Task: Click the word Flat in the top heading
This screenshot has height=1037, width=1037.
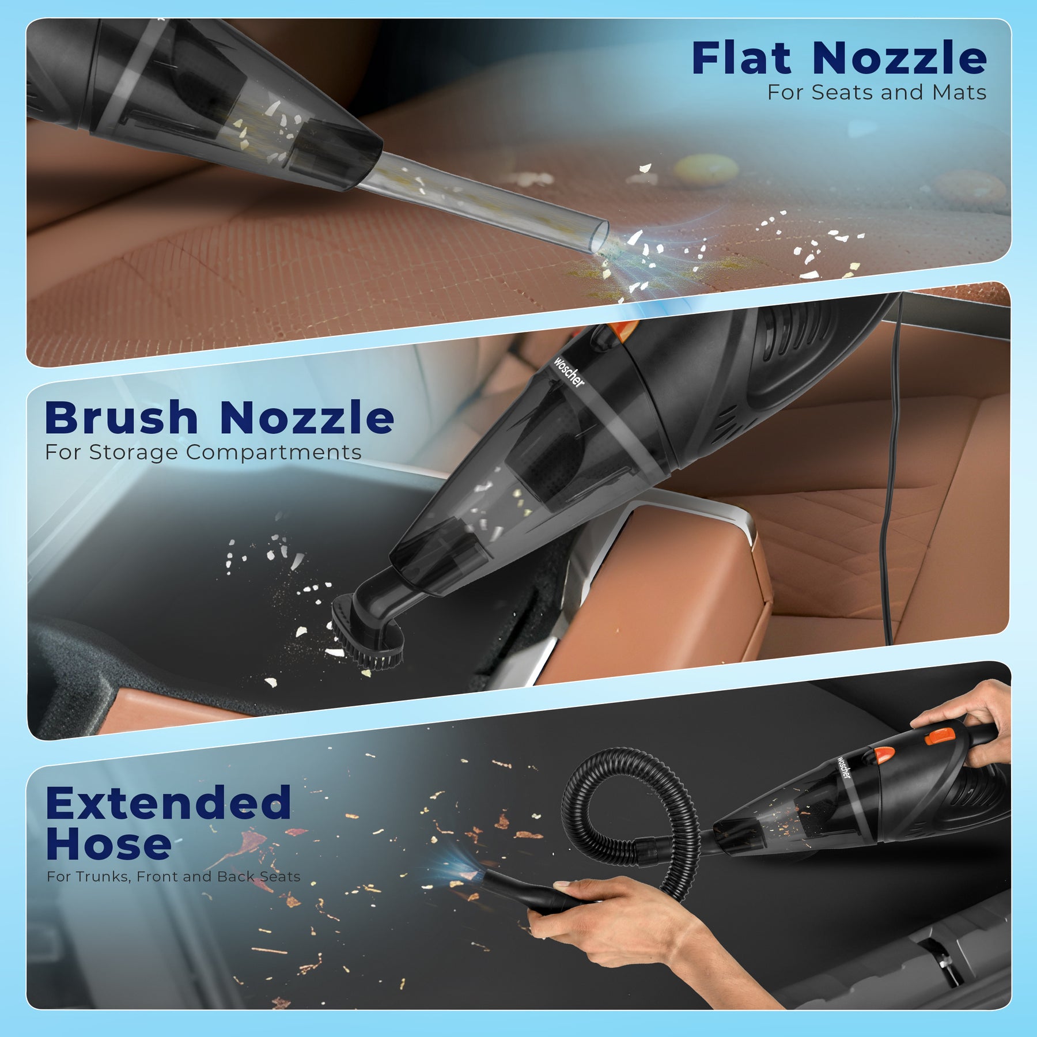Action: (x=741, y=58)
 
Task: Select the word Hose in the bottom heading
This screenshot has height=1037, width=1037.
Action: (x=109, y=844)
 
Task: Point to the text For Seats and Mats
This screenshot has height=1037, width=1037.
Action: (x=877, y=92)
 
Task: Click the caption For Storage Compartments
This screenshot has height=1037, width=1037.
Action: (x=203, y=452)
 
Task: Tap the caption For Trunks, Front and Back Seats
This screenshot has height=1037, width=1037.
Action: (x=173, y=877)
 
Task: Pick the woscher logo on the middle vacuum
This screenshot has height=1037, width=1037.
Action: (x=569, y=372)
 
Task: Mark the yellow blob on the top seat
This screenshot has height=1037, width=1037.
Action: (x=706, y=168)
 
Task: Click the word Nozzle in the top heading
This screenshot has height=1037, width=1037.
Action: (x=899, y=58)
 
